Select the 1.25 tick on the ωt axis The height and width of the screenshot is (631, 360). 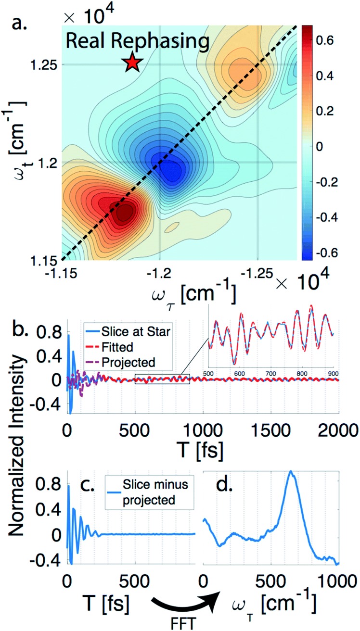pos(45,65)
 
